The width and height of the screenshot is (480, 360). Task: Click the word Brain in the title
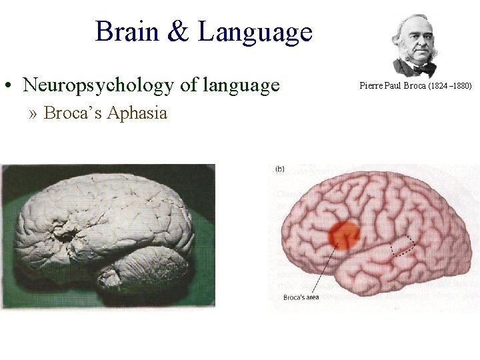[127, 31]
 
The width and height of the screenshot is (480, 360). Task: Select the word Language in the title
[255, 32]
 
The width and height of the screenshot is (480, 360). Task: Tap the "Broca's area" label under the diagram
[302, 297]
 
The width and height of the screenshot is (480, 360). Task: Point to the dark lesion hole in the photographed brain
[66, 234]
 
